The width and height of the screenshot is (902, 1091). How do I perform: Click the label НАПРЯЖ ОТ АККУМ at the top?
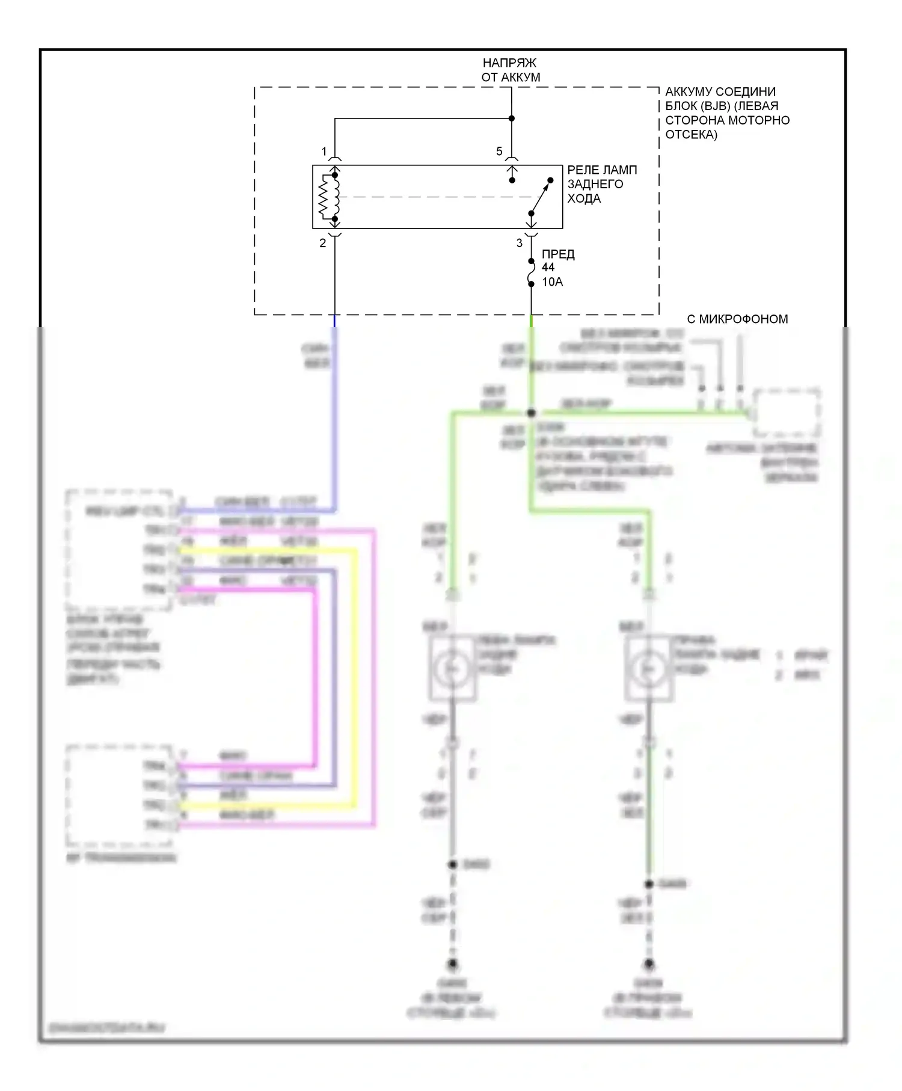click(x=510, y=70)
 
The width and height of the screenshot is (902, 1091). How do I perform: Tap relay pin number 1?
click(x=324, y=152)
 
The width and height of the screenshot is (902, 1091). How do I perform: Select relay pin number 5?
click(x=499, y=152)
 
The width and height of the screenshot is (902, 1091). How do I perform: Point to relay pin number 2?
click(x=323, y=244)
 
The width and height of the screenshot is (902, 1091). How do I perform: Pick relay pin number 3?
click(x=520, y=244)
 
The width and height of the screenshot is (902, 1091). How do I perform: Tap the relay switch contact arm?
click(x=541, y=197)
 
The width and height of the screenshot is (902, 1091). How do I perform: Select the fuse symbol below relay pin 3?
click(x=531, y=272)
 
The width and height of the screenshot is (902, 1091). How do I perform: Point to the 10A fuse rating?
click(x=552, y=282)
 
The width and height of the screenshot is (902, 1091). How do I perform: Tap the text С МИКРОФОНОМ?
click(x=737, y=319)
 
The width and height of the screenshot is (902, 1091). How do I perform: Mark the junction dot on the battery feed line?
click(x=512, y=118)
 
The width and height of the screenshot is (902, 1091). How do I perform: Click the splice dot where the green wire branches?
click(x=531, y=413)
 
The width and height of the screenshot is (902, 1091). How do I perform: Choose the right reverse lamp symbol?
click(x=648, y=668)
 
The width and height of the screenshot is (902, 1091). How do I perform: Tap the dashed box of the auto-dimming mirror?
click(x=787, y=413)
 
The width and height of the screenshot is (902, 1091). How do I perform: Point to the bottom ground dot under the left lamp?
click(x=453, y=964)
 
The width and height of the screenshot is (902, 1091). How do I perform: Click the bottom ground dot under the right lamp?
click(x=649, y=964)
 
